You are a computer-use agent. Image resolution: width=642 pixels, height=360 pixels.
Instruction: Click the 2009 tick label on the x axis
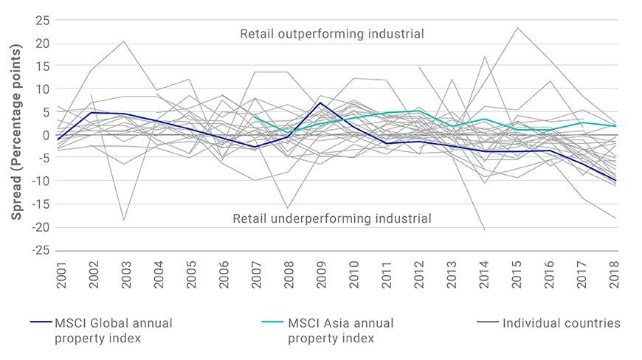tap(322, 275)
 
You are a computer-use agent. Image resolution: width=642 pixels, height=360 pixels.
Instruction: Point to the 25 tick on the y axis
tap(42, 21)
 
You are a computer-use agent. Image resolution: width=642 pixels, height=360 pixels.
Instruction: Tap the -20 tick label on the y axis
tap(40, 227)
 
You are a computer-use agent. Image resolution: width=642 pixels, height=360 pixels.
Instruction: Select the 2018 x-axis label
tap(614, 275)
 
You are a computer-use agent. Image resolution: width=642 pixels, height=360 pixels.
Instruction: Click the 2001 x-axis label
tap(61, 275)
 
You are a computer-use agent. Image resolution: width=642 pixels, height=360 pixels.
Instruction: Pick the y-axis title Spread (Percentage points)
tap(16, 132)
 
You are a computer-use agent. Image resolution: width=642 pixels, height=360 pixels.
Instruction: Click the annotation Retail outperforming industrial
tap(332, 33)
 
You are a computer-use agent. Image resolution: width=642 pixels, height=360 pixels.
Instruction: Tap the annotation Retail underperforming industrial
tap(332, 218)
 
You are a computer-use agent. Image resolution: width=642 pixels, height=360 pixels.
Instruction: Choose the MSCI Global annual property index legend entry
tap(102, 330)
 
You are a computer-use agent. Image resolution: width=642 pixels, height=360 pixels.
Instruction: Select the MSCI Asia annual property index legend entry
tap(328, 330)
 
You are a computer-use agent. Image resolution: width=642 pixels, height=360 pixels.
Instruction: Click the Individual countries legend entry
tap(548, 323)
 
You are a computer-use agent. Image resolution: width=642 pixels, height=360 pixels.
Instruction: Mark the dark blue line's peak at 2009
tap(320, 103)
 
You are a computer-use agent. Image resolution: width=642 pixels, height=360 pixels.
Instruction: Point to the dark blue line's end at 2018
tap(615, 181)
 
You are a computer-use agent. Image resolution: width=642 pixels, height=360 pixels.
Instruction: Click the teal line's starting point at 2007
tap(255, 116)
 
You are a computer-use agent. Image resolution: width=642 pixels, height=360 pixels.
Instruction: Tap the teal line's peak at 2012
tap(418, 111)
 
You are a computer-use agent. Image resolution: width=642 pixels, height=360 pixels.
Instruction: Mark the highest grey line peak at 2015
tap(517, 28)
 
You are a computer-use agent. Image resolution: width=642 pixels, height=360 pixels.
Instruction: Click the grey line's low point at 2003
tap(124, 220)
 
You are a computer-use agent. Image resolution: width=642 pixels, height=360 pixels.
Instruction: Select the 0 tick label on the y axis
tap(46, 135)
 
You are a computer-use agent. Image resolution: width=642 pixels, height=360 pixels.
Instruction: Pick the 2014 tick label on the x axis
tap(484, 275)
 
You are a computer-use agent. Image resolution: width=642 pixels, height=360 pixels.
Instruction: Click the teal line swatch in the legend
tap(272, 322)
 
